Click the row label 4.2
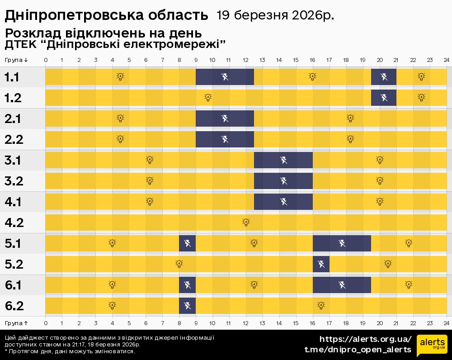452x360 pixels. point(14,223)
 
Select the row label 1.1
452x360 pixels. point(12,77)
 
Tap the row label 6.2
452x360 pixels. point(14,306)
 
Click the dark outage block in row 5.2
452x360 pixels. point(321,264)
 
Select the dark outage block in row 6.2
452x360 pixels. point(187,306)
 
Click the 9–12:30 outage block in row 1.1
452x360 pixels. point(225,77)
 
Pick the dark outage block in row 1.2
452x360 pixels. point(384,98)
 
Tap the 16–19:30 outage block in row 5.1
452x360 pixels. point(342,243)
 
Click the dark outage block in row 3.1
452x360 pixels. point(283,160)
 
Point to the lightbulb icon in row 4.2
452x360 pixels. point(246,222)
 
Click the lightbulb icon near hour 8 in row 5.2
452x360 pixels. point(179,264)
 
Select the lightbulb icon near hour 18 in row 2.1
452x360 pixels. point(350,118)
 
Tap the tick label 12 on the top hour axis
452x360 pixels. point(245,60)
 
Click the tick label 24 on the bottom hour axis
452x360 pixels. point(446,323)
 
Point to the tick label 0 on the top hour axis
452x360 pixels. point(46,60)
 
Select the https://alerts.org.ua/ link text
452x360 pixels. point(365,339)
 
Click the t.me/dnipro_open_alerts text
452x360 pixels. point(358,349)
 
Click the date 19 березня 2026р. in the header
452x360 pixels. point(276,15)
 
